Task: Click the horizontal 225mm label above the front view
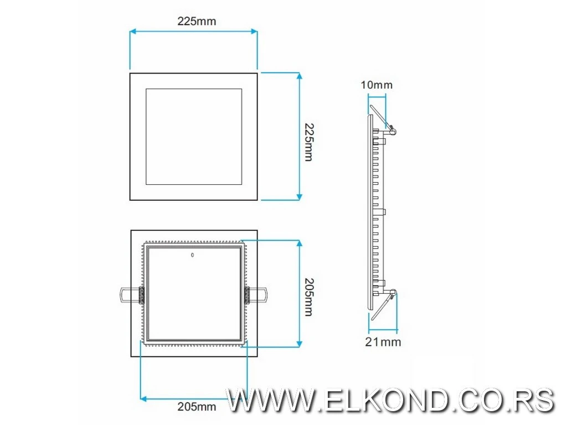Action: click(196, 22)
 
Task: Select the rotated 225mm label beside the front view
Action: click(309, 142)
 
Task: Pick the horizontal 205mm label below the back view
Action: click(197, 407)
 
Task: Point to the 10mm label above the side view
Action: click(376, 85)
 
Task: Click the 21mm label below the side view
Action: click(383, 342)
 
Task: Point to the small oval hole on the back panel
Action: click(192, 255)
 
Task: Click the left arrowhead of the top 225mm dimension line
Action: click(133, 32)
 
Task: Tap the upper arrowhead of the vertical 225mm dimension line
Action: click(299, 75)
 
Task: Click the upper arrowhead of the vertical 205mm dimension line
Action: click(299, 243)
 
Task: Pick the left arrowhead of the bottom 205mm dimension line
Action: click(143, 398)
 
